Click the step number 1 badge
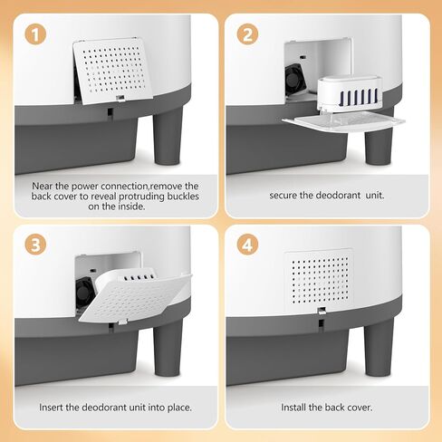(35, 34)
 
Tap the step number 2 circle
(247, 34)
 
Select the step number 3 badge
(35, 245)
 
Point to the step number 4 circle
(247, 245)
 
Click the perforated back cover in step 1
(113, 71)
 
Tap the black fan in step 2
(295, 79)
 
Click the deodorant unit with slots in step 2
(350, 93)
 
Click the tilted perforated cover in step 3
(135, 298)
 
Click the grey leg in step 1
(168, 136)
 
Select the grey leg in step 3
(168, 347)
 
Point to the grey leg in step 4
(379, 347)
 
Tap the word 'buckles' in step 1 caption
(183, 197)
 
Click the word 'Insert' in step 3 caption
(51, 408)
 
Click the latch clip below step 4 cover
(322, 311)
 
